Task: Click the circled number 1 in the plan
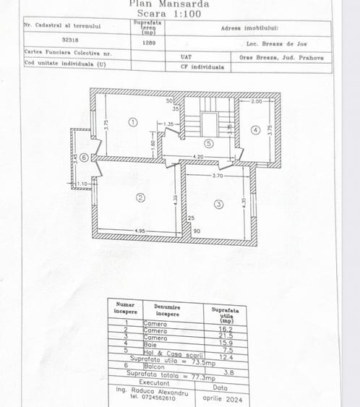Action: [x=132, y=122]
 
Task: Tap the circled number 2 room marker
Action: [x=141, y=197]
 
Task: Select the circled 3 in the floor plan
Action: [x=219, y=205]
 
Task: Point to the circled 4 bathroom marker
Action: [x=255, y=130]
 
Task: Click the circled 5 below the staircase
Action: [x=208, y=143]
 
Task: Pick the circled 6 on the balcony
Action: [x=84, y=157]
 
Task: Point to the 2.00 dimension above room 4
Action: [x=256, y=102]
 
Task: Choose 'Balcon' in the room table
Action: [x=153, y=367]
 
